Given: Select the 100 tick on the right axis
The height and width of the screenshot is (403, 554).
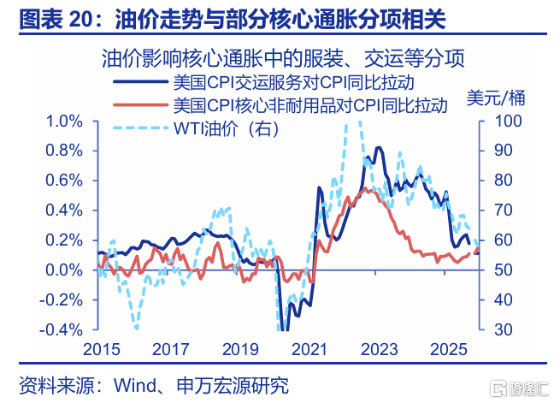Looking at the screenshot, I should (x=499, y=121).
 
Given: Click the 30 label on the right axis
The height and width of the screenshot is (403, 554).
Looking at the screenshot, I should (x=496, y=330).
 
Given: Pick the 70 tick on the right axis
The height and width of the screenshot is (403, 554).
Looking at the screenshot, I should (x=496, y=210).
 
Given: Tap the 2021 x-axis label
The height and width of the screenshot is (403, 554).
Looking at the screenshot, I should (x=310, y=349).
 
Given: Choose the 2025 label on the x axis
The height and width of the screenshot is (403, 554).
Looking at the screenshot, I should (x=451, y=349).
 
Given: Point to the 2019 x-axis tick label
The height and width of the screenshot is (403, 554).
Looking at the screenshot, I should (x=240, y=349).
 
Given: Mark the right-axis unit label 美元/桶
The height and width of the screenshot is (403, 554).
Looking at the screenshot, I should (x=495, y=96).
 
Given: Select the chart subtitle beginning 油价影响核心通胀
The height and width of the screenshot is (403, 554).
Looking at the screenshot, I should (x=282, y=58).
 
